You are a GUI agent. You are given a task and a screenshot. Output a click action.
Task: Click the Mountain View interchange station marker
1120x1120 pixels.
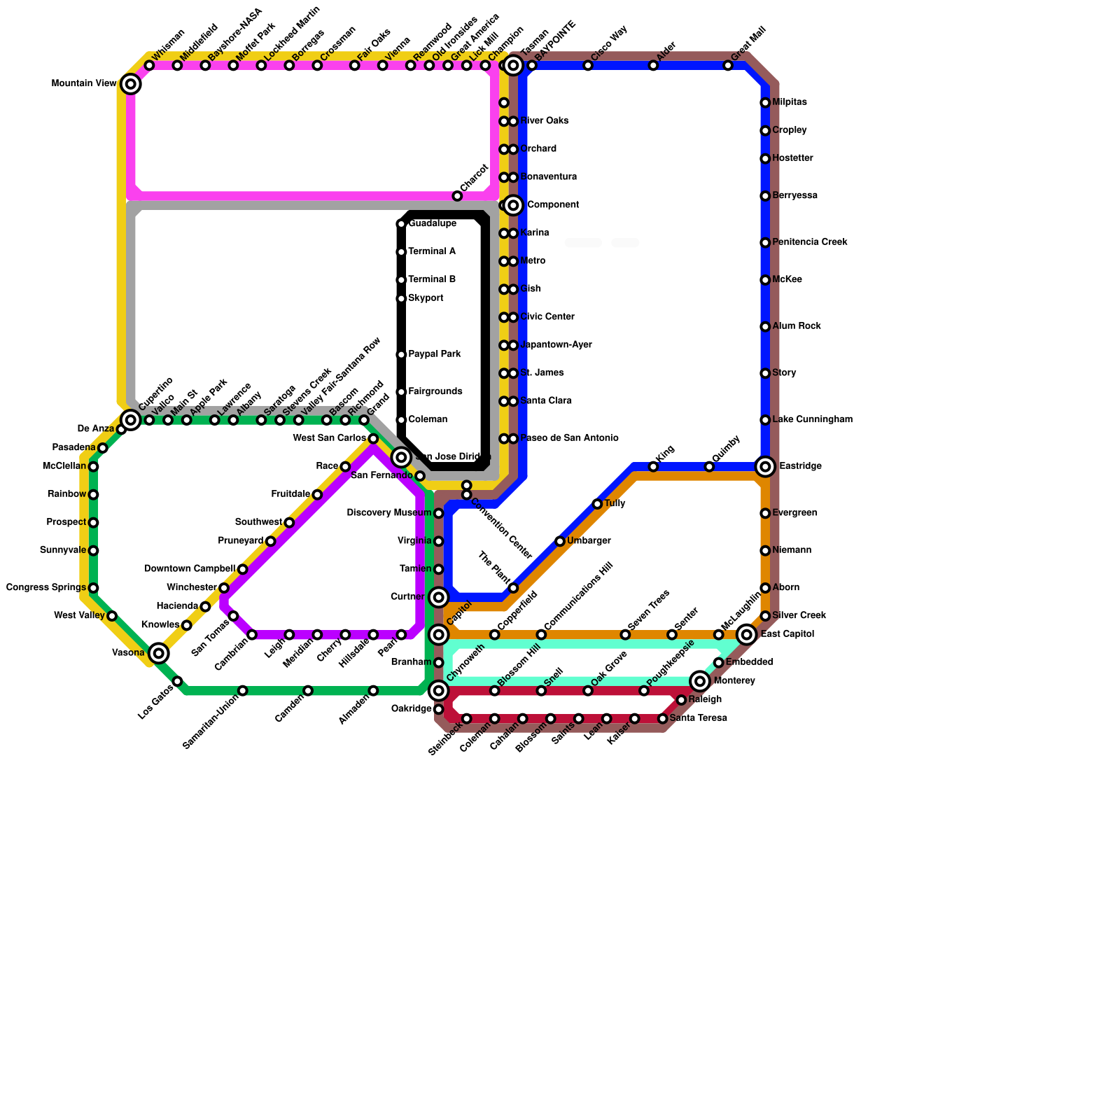pos(131,84)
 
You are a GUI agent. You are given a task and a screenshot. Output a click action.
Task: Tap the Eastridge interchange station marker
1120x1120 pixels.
pos(766,467)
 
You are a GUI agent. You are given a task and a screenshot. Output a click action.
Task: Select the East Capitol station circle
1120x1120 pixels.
pos(748,634)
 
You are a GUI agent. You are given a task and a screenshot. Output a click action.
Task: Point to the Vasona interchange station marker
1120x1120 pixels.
pos(159,653)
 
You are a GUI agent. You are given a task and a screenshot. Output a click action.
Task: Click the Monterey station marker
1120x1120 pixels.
pos(700,681)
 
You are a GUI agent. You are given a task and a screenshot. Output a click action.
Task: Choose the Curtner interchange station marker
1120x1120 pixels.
pos(439,597)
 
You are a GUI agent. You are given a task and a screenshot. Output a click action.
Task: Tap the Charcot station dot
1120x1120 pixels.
pos(457,196)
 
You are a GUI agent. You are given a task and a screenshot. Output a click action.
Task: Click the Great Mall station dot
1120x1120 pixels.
pos(728,66)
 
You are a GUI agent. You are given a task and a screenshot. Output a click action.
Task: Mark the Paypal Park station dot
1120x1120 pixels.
pos(401,355)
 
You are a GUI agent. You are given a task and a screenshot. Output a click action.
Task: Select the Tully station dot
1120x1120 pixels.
pos(597,504)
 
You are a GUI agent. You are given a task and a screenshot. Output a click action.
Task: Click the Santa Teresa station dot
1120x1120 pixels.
pos(663,719)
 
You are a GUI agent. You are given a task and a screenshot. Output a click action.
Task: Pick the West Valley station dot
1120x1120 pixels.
pos(112,616)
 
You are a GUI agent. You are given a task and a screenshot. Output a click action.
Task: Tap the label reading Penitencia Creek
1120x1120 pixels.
pos(810,242)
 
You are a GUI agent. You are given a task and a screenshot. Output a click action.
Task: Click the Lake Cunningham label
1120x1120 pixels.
pos(812,420)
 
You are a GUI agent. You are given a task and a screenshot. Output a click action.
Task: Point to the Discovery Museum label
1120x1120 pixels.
pos(389,513)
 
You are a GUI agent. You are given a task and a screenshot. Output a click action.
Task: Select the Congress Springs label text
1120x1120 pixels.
pos(46,587)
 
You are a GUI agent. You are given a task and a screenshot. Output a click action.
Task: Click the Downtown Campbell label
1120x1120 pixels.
pos(189,568)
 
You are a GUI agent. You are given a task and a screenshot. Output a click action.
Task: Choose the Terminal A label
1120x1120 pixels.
pos(432,251)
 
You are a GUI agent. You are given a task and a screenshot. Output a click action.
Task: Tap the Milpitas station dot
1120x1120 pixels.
pos(765,103)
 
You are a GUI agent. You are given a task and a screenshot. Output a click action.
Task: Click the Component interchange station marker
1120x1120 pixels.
pos(513,205)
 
